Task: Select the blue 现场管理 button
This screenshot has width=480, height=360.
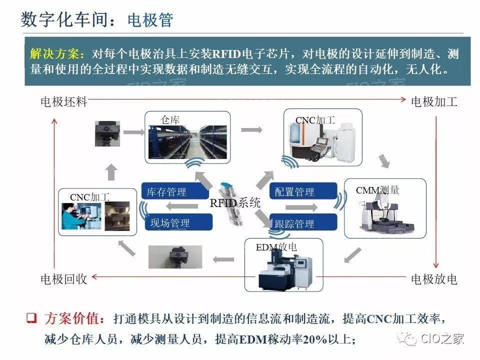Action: pos(170,223)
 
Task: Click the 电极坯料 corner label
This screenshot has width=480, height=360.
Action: pos(64,102)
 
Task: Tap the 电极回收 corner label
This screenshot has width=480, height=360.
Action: pos(64,279)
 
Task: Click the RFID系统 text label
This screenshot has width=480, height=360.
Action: pos(235,203)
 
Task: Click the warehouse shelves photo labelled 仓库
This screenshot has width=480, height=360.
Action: pos(187,141)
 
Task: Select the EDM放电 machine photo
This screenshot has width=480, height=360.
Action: pos(282,270)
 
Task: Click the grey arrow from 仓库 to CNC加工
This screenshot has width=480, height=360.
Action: pos(251,129)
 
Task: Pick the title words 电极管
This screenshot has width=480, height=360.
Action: pos(150,20)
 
